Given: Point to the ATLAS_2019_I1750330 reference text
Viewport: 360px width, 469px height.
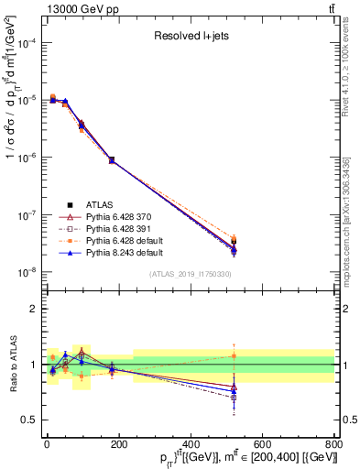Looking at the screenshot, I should point(190,274).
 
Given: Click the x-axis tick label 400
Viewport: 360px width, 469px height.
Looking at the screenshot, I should point(191,443).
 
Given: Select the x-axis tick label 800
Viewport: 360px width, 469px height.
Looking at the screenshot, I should point(333,443).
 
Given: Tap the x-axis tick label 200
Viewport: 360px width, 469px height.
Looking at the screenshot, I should point(119,443).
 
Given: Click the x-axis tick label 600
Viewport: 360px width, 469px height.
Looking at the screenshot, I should point(262,443).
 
